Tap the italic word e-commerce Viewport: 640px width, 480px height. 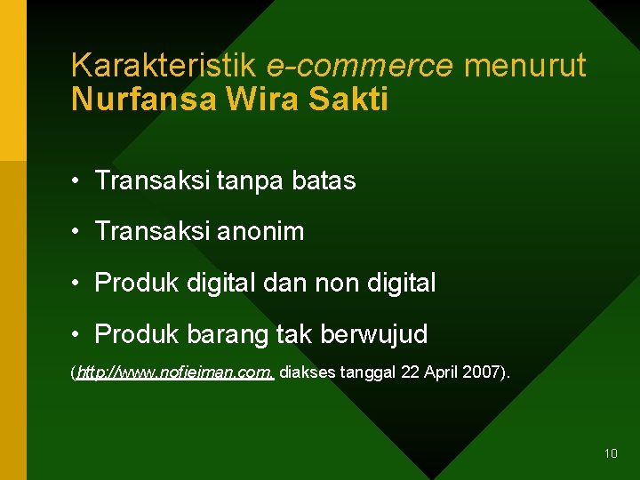tap(360, 65)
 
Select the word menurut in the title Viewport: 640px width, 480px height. tap(524, 65)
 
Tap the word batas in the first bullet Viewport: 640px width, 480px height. tap(321, 181)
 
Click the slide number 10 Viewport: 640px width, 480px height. tap(611, 453)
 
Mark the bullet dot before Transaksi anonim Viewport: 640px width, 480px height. tap(79, 232)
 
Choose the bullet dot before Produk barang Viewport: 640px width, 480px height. tap(79, 335)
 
